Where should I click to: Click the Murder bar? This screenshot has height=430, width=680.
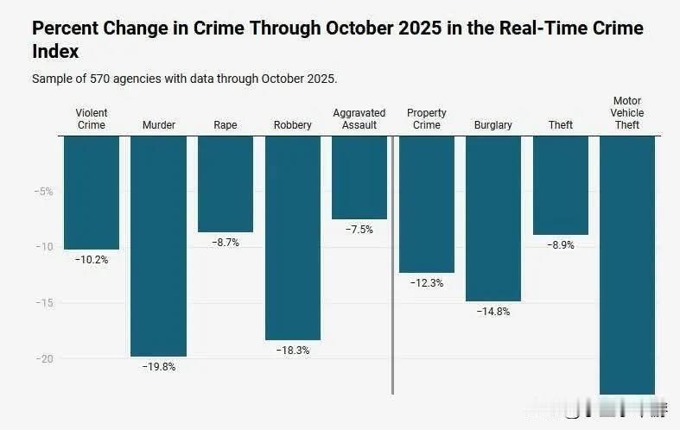[x=158, y=245]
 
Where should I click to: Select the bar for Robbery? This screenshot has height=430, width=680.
[x=292, y=237]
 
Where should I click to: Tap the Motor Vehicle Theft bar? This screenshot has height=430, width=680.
[x=626, y=264]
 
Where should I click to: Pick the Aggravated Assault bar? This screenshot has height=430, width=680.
[x=359, y=178]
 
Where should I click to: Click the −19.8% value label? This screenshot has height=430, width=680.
[x=158, y=367]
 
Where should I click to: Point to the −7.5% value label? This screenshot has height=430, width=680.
[x=359, y=230]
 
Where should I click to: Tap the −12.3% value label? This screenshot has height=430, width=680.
[x=426, y=283]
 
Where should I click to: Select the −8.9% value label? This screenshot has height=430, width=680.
[x=560, y=245]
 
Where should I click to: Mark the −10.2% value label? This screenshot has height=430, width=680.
[x=92, y=260]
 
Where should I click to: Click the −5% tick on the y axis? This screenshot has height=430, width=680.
[x=44, y=192]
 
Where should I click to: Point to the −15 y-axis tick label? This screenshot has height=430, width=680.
[x=44, y=303]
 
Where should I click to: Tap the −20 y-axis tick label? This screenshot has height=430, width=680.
[x=44, y=358]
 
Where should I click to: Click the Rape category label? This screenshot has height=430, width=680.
[x=226, y=125]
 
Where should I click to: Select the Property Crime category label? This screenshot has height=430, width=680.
[x=427, y=119]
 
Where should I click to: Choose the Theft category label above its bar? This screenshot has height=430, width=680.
[x=561, y=125]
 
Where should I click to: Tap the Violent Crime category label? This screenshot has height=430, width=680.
[x=92, y=119]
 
